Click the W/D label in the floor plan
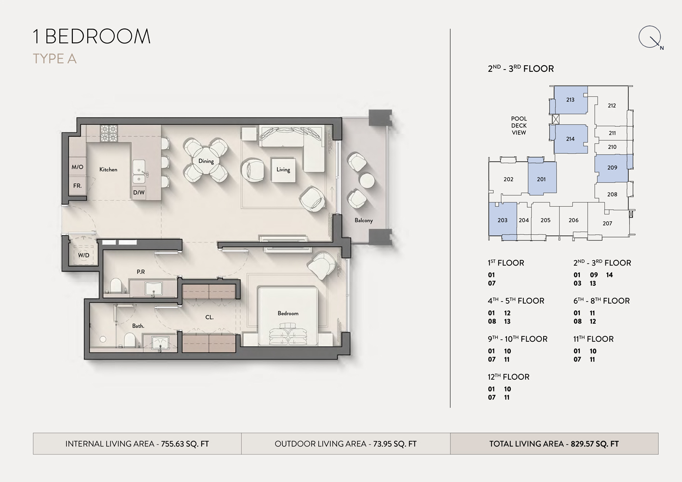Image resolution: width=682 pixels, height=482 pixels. coord(83,255)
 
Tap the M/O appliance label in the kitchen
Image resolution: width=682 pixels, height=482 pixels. coord(77,167)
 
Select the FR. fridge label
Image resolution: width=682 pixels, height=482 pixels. coord(77,186)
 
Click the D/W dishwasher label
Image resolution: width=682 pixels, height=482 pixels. coord(139,192)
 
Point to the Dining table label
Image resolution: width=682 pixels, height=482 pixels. coord(206,161)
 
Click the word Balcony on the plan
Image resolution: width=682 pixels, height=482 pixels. coord(364,220)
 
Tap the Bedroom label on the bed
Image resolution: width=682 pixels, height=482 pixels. coord(288,313)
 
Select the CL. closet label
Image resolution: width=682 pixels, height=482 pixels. coord(209,317)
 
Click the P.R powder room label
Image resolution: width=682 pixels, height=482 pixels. coord(141,272)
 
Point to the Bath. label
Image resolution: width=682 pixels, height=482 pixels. coord(138,326)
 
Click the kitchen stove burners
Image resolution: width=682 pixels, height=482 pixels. coord(109,133)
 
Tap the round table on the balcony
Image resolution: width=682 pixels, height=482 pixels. coord(367,180)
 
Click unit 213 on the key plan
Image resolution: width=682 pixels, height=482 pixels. coord(570,100)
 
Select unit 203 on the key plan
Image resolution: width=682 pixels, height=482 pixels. coord(503,220)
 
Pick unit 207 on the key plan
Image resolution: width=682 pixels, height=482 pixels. coord(607,223)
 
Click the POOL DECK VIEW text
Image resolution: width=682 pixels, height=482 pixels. coord(519,125)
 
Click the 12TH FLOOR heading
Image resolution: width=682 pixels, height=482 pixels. coord(508,377)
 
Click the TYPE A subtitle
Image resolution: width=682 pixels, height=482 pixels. coord(55,59)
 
